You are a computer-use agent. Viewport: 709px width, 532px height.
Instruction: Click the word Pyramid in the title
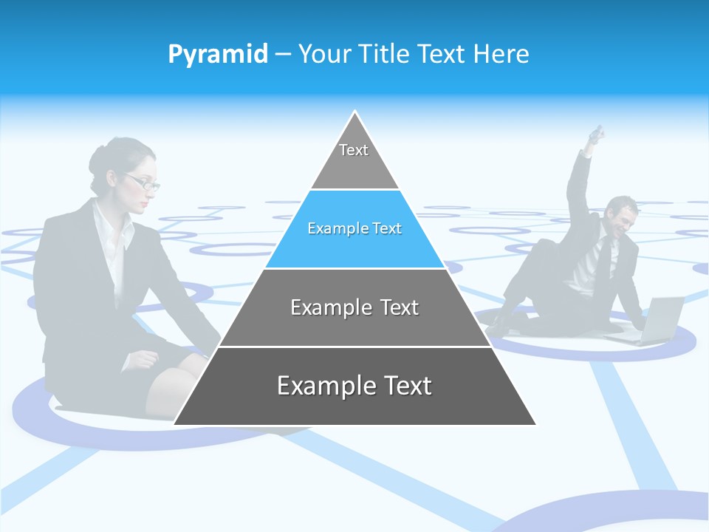click(x=217, y=55)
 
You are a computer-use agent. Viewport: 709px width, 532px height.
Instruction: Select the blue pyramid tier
click(x=354, y=229)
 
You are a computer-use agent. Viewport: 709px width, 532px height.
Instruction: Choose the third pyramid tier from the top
click(x=354, y=307)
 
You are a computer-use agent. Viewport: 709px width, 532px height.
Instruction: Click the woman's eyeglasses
click(x=143, y=183)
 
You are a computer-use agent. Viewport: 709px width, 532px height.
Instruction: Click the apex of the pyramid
click(x=355, y=113)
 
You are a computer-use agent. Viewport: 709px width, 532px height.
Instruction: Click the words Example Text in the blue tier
click(x=354, y=229)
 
